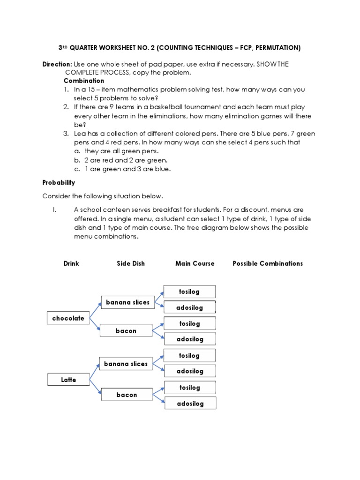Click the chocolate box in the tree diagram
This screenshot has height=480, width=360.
click(x=68, y=318)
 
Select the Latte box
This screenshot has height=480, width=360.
click(x=68, y=380)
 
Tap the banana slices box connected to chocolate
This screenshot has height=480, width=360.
click(x=127, y=303)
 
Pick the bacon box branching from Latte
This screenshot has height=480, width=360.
click(x=127, y=395)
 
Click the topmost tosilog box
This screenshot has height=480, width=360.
click(x=189, y=292)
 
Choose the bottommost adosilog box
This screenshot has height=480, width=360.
click(x=190, y=403)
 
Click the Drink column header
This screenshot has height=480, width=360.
click(x=71, y=263)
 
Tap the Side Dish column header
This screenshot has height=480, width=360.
click(x=131, y=263)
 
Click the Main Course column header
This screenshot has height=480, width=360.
click(x=195, y=263)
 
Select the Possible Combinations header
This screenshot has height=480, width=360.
click(x=268, y=263)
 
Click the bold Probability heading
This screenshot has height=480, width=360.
click(x=59, y=182)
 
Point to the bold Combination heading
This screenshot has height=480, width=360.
click(x=84, y=81)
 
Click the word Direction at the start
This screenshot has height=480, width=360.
click(x=57, y=64)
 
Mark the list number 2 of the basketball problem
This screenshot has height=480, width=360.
click(x=66, y=107)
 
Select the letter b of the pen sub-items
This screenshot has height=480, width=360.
click(x=76, y=160)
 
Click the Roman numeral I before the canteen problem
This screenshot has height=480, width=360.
click(x=54, y=210)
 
